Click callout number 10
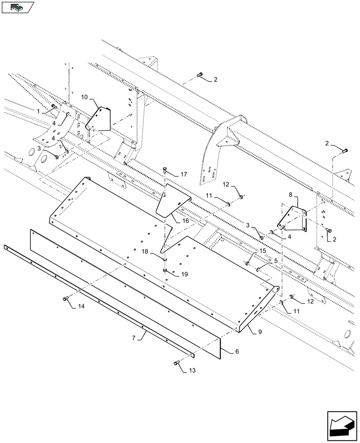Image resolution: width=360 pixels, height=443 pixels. pos(85,96)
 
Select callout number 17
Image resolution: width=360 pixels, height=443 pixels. pos(184,175)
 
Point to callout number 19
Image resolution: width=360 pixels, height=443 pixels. pos(184,274)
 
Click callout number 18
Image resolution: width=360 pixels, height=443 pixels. pos(145,251)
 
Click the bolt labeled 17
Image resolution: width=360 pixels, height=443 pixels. pos(165,169)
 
